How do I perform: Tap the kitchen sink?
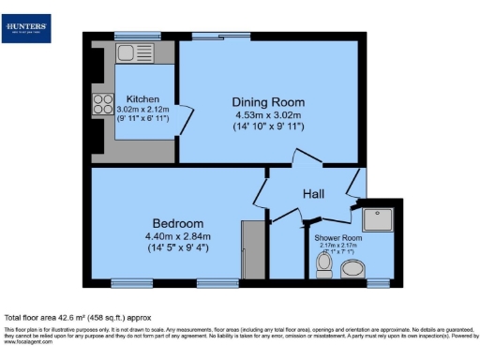(x=130, y=53)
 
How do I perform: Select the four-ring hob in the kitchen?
(x=101, y=105)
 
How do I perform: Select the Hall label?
(x=313, y=193)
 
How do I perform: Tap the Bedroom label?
(x=178, y=223)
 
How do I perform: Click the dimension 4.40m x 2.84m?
(x=178, y=236)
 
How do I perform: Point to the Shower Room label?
(x=338, y=238)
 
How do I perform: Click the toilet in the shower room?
(x=324, y=267)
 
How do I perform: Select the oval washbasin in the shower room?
(x=353, y=271)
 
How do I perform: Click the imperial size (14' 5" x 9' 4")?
(x=178, y=249)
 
